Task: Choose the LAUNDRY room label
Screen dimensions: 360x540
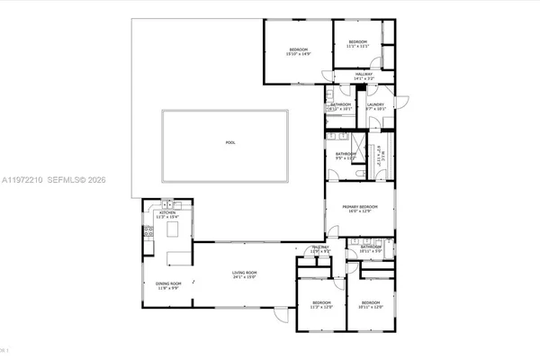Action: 376,104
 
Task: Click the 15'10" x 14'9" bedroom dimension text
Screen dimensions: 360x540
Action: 298,54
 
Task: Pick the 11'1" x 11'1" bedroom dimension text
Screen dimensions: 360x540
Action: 357,47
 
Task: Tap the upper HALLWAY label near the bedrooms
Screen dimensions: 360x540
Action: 364,74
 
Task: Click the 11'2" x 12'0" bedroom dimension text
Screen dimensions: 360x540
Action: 321,307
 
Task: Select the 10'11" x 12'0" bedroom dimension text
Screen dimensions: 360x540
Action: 372,307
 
